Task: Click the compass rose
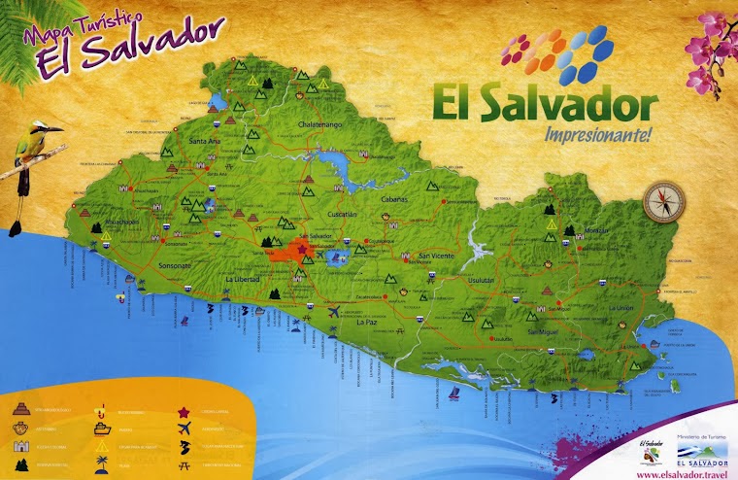pos(664,201)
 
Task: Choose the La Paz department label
pos(366,322)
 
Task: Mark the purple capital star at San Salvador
pos(302,251)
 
